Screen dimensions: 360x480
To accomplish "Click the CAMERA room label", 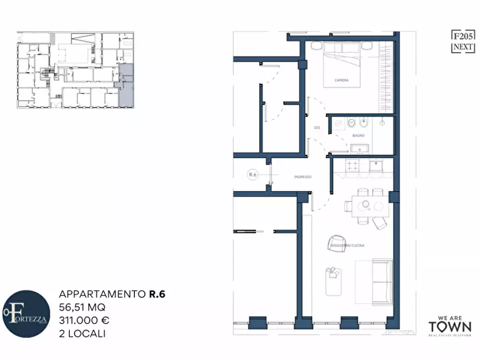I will click(x=341, y=81).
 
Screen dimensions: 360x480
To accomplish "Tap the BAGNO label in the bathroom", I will click(x=359, y=136).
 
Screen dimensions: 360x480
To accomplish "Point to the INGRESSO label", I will click(x=303, y=177).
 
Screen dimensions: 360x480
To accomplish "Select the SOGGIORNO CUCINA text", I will click(x=348, y=246).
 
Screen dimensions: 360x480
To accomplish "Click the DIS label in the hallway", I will click(x=317, y=127).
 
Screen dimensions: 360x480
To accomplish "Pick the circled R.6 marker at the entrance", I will click(x=253, y=174).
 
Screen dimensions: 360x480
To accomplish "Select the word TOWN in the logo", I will click(x=449, y=327).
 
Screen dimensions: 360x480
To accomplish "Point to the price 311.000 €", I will click(x=84, y=320).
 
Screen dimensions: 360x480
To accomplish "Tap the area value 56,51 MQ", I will click(x=82, y=307).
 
